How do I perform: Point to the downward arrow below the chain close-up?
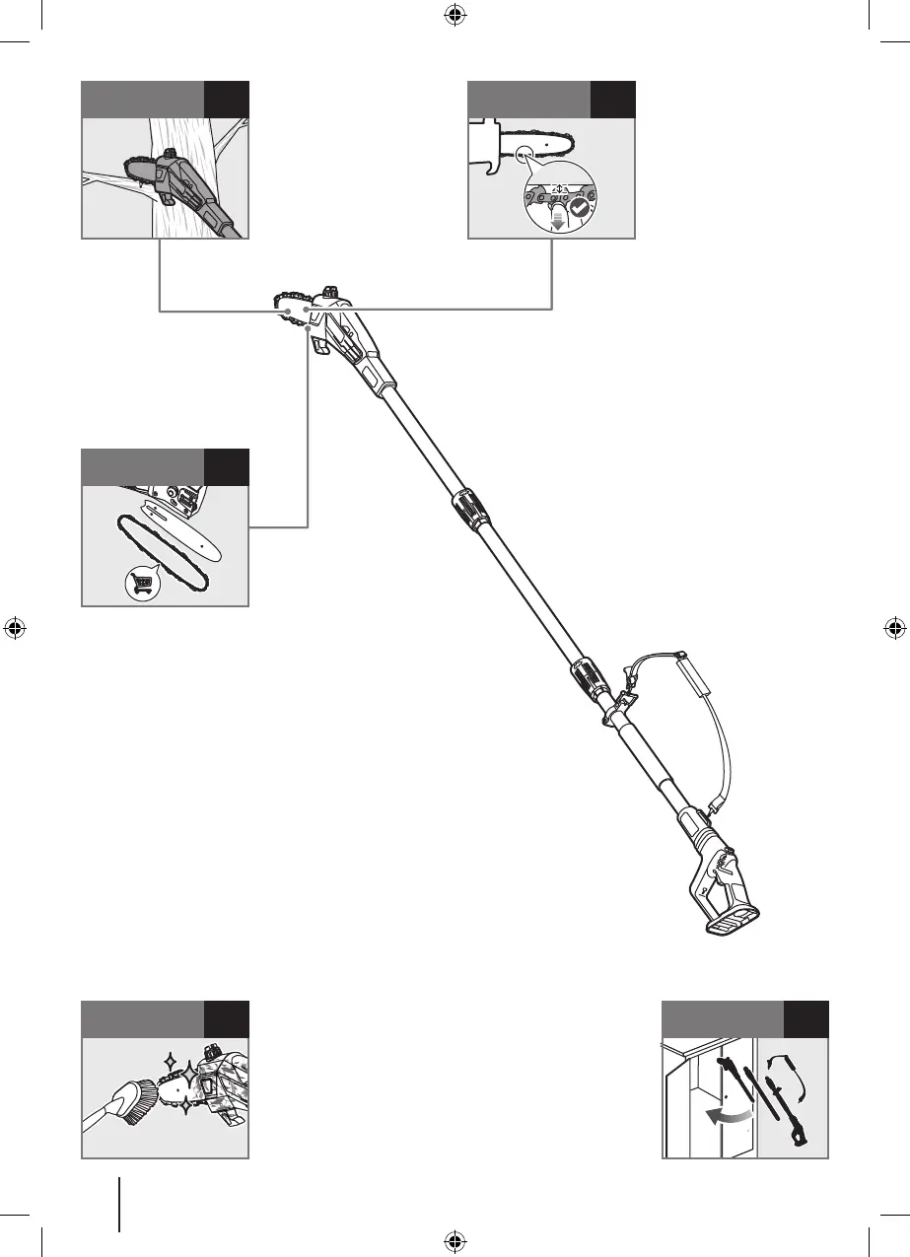click(558, 222)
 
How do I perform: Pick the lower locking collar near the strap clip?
click(586, 680)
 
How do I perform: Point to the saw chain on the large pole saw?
click(286, 305)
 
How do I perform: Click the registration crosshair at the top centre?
click(455, 15)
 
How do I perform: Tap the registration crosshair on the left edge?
click(15, 628)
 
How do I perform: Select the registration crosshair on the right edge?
click(894, 628)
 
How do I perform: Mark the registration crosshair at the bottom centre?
click(455, 1241)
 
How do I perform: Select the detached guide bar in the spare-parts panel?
click(187, 534)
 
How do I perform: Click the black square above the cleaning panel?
click(227, 1019)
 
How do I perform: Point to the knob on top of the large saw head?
click(328, 292)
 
